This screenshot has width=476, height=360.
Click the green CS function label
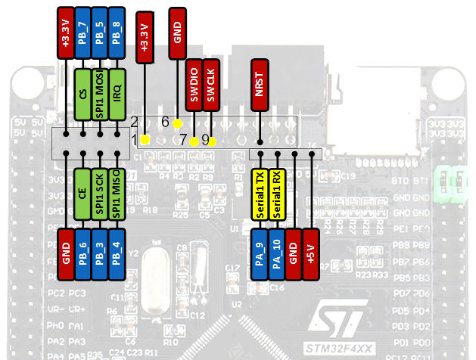point(82,93)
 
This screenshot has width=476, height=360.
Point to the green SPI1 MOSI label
point(100,93)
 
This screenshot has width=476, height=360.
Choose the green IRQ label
point(117,93)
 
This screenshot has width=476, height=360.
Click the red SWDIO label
point(194,84)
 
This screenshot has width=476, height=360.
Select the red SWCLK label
point(211,84)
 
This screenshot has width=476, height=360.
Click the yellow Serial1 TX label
point(260,194)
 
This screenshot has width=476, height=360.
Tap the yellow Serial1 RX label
point(277,194)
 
